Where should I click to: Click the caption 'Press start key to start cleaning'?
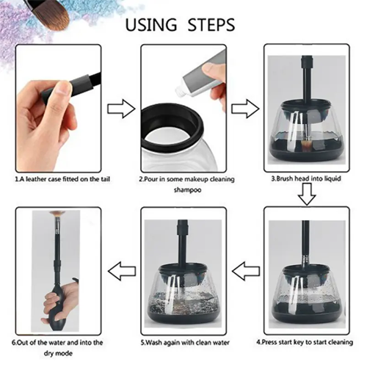305,342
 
